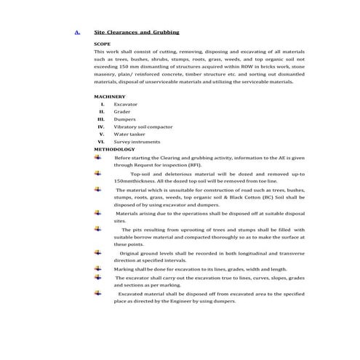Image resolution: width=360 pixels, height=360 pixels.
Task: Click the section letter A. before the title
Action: pyautogui.click(x=77, y=33)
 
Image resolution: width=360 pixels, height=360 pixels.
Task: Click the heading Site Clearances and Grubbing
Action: pyautogui.click(x=137, y=33)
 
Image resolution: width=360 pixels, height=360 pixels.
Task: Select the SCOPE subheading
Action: pyautogui.click(x=103, y=44)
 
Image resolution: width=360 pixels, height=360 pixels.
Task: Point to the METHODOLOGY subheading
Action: pyautogui.click(x=114, y=149)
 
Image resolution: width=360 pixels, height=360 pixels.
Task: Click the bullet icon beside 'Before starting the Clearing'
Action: pyautogui.click(x=97, y=157)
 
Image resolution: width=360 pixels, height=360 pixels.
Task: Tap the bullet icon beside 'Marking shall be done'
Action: pyautogui.click(x=97, y=268)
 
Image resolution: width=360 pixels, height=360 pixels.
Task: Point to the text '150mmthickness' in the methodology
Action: pyautogui.click(x=135, y=181)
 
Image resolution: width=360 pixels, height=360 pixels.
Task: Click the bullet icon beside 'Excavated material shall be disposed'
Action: pyautogui.click(x=97, y=292)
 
